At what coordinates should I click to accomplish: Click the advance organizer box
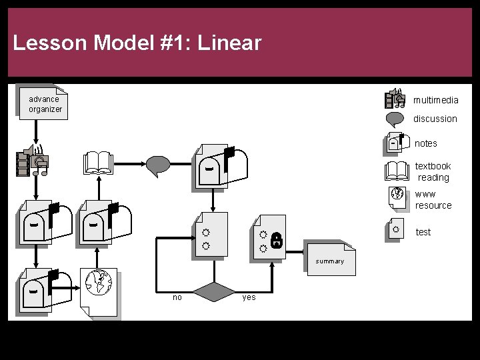[43, 103]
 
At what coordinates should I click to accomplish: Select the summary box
[330, 259]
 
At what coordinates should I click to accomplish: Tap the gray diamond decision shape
[215, 292]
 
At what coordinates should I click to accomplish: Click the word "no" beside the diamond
[177, 297]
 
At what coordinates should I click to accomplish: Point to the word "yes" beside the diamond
[249, 297]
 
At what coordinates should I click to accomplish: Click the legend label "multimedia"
[435, 100]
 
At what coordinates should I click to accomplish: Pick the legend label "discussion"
[435, 119]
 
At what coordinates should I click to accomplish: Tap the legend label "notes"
[426, 143]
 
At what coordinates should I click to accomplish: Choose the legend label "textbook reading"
[433, 171]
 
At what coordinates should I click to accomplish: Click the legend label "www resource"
[433, 199]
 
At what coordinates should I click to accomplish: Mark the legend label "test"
[423, 232]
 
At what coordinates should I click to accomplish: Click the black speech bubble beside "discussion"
[395, 119]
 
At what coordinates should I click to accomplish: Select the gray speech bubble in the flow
[159, 165]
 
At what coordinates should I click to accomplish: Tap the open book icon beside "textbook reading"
[397, 171]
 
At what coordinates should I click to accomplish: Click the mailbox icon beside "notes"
[396, 143]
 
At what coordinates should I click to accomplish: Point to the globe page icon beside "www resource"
[397, 197]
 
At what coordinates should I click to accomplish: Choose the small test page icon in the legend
[396, 229]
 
